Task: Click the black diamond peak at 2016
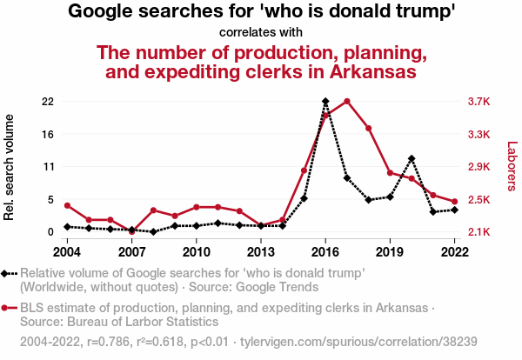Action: [x=325, y=102]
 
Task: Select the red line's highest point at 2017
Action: [x=347, y=102]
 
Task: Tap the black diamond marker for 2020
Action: [x=412, y=159]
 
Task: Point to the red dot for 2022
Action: [x=455, y=202]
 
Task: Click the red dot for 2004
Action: [x=67, y=205]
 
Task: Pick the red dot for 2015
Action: [x=304, y=170]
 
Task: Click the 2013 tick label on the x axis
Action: [x=261, y=252]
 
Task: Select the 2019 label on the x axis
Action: [x=390, y=252]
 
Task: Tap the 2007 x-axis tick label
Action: [x=131, y=252]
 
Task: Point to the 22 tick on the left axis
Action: [x=47, y=102]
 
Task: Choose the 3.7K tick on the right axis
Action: [x=479, y=102]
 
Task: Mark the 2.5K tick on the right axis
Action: [x=479, y=200]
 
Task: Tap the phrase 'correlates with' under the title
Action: [x=262, y=33]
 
